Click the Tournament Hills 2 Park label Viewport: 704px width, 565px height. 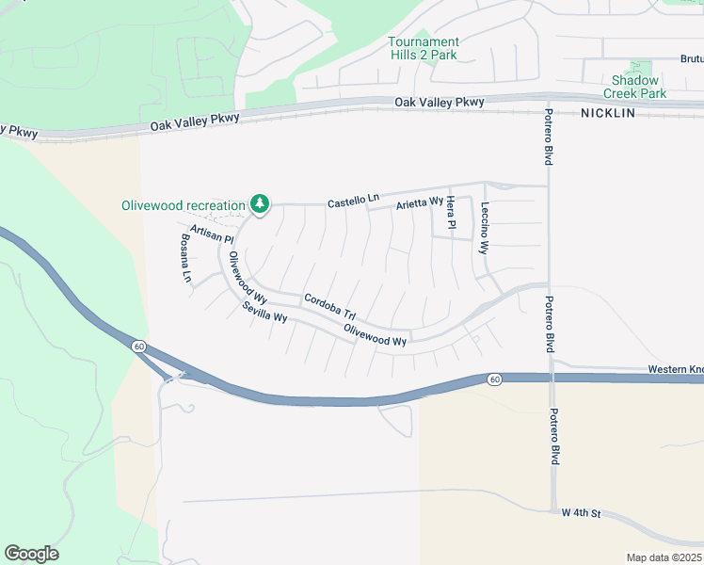[424, 48]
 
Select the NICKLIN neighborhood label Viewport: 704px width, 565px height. [608, 113]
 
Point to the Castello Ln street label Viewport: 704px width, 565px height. [353, 201]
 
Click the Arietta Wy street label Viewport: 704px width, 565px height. [420, 202]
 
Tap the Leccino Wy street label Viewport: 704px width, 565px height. [485, 229]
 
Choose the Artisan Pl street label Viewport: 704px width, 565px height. [211, 234]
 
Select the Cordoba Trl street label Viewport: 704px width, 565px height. [329, 307]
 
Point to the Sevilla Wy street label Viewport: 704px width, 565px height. [264, 313]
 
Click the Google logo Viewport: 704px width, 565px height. [31, 554]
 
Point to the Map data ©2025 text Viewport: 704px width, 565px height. [664, 557]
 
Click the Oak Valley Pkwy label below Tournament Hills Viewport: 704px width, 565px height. [440, 102]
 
